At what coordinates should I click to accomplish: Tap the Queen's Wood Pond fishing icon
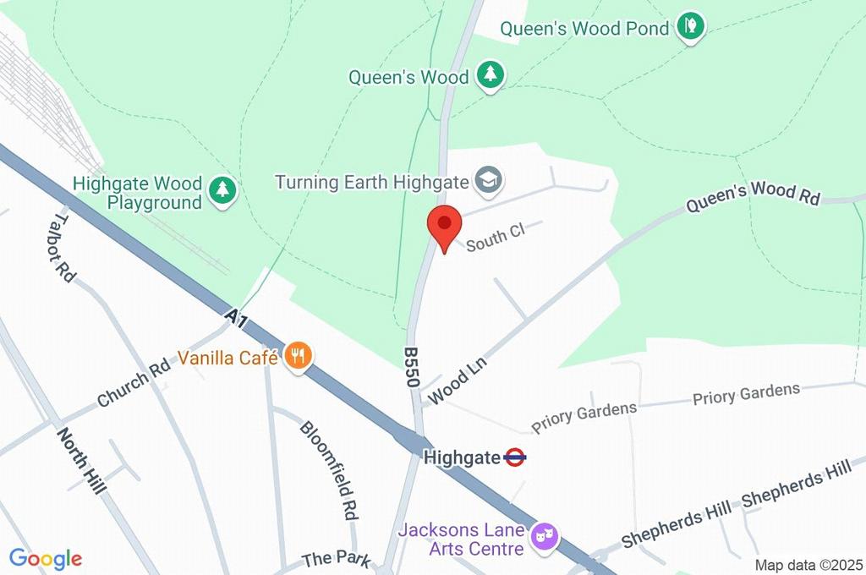[691, 26]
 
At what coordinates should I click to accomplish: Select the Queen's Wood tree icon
[490, 74]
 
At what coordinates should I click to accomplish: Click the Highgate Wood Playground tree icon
[222, 189]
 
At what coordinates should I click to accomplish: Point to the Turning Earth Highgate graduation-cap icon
[488, 179]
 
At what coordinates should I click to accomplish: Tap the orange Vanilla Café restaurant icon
[297, 356]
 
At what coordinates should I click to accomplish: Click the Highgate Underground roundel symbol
[515, 457]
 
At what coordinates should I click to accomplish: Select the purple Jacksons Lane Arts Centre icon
[542, 535]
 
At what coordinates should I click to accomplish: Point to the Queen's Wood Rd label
[753, 194]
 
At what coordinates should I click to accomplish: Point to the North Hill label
[81, 461]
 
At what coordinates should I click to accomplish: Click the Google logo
[45, 558]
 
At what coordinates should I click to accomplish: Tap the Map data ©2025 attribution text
[808, 564]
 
